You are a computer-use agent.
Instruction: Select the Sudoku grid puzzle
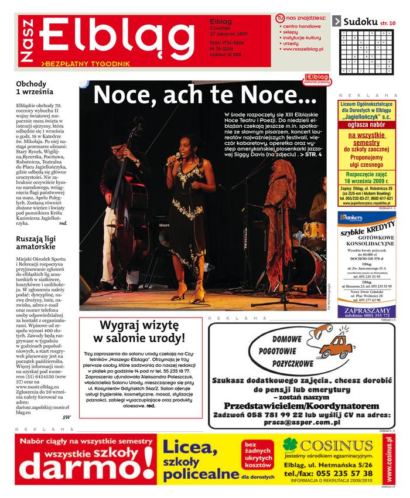pyautogui.click(x=367, y=51)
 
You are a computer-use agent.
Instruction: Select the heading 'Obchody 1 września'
pyautogui.click(x=35, y=88)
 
